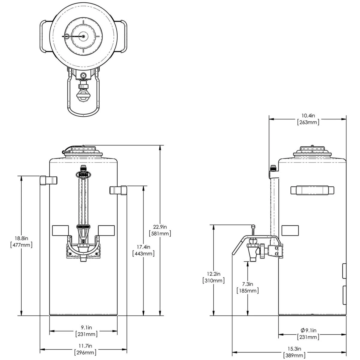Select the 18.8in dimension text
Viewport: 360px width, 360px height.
(x=21, y=238)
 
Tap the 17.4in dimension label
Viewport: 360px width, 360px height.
(x=143, y=247)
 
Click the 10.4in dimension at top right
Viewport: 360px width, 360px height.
(x=308, y=115)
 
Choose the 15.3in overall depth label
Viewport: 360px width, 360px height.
(x=294, y=349)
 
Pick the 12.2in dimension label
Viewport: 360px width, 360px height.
(x=213, y=274)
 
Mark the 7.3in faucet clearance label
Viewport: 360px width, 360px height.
(x=247, y=284)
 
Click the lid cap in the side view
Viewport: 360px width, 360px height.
(x=312, y=149)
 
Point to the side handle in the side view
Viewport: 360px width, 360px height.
(x=312, y=190)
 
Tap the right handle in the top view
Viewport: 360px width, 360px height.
(x=124, y=36)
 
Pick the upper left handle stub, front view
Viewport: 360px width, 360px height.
(x=48, y=180)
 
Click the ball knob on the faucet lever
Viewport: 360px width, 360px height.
(x=253, y=226)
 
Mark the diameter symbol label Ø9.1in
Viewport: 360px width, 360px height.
(x=308, y=331)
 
